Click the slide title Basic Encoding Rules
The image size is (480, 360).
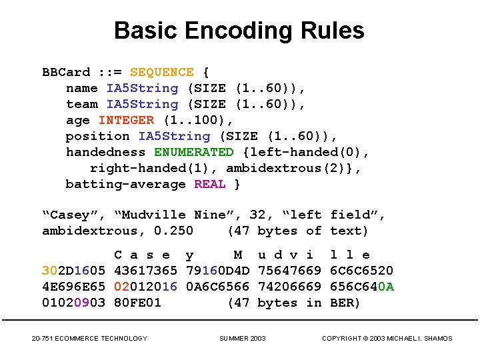pos(239,31)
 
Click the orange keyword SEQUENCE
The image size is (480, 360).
pos(162,72)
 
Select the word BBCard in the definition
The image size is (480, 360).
pos(66,72)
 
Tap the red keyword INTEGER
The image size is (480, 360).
pos(126,120)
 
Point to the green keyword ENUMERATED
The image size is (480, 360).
pos(194,152)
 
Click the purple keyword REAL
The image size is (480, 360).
pos(210,184)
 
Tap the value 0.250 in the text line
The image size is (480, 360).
pos(174,231)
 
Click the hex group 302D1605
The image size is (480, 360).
pos(74,271)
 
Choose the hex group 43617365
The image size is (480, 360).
pos(146,271)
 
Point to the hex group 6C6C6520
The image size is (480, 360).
pos(362,271)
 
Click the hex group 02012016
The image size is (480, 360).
pos(146,287)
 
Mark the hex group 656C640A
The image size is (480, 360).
pos(362,287)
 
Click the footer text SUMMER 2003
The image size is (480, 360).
pos(243,339)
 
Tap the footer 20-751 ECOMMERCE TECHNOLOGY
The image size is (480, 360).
pos(89,339)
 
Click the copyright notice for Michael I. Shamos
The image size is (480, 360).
pos(387,339)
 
